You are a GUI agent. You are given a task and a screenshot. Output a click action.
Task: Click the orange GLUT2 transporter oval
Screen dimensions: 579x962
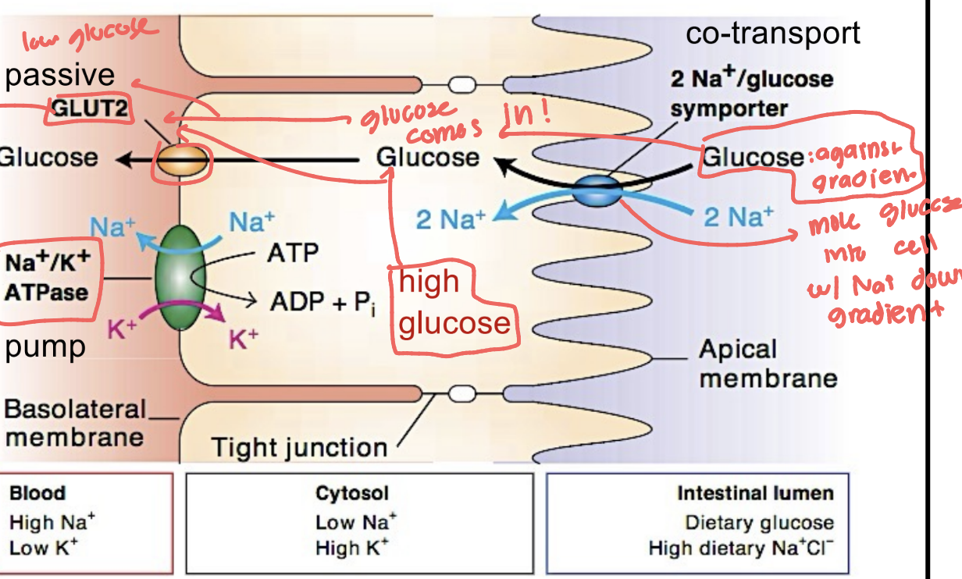coord(180,160)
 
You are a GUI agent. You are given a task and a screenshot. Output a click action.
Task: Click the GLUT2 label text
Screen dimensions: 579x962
coord(91,109)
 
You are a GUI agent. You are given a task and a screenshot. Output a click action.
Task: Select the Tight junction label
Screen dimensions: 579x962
coord(300,448)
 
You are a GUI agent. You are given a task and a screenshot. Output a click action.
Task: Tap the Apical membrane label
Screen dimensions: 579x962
coord(768,364)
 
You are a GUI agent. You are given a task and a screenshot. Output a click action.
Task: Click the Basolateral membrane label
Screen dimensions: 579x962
coord(76,422)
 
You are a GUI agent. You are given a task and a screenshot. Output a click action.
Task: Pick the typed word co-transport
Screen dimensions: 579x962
coord(772,34)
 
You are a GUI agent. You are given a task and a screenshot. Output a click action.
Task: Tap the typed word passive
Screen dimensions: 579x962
coord(59,75)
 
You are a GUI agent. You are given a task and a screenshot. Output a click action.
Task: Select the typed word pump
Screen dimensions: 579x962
coord(45,347)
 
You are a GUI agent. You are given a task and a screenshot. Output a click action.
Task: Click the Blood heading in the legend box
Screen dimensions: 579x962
coord(37,493)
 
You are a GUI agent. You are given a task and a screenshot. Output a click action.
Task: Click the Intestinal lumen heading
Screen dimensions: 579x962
coord(754,493)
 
